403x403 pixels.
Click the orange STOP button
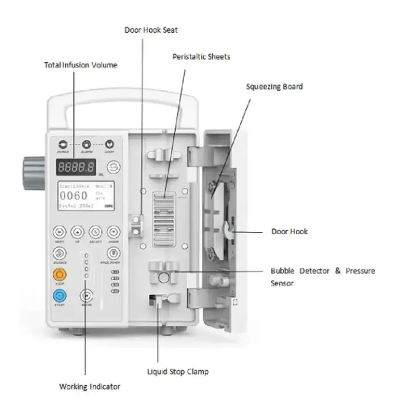[59, 274]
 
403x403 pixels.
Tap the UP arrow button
[78, 232]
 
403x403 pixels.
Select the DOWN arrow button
[114, 232]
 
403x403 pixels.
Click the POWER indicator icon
[62, 144]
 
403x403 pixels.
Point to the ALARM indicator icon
[86, 144]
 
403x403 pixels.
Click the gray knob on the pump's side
[34, 166]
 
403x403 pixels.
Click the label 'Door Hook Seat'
[150, 29]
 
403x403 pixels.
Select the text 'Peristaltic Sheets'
[201, 56]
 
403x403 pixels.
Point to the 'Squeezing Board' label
[275, 86]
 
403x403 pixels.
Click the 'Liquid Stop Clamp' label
[177, 371]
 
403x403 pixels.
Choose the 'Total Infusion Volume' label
[81, 65]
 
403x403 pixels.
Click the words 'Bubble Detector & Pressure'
[322, 271]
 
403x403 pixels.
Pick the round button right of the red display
[114, 168]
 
